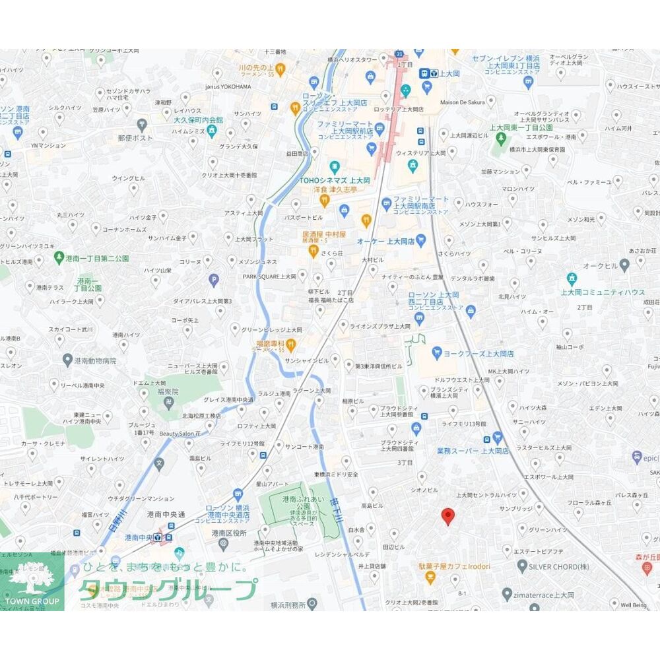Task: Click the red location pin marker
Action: pos(448,516)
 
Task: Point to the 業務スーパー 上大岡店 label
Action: pos(473,451)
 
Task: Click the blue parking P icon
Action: pos(214,280)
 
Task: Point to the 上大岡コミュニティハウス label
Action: pos(603,292)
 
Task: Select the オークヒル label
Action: pos(600,265)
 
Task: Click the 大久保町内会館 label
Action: pos(180,120)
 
